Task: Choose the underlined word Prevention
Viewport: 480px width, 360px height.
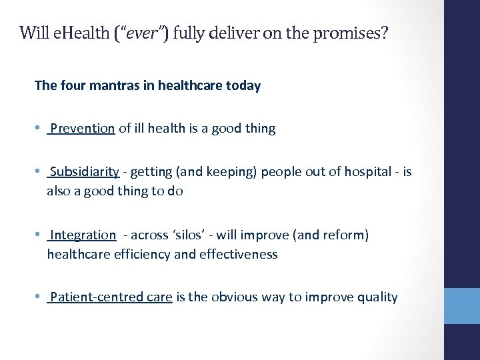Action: point(82,128)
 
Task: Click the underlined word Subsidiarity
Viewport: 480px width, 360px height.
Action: point(84,171)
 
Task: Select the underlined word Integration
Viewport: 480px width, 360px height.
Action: point(83,235)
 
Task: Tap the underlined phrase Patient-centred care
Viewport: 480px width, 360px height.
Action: point(111,297)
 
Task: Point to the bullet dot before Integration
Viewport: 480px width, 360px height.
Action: point(38,235)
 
